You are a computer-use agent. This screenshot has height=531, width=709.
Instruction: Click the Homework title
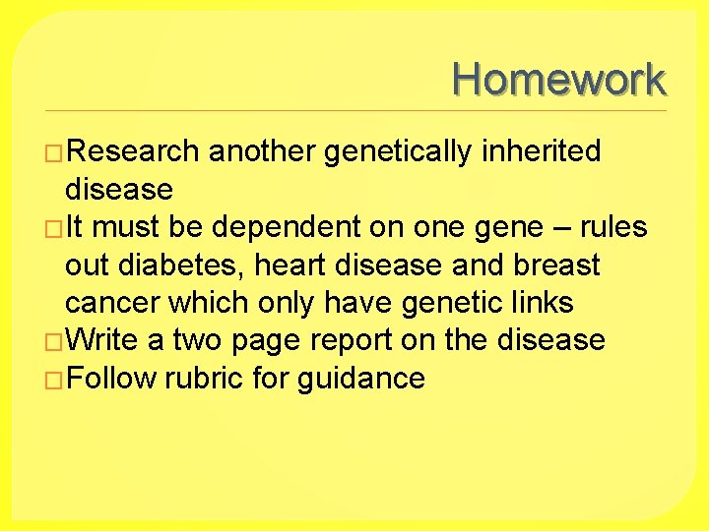pos(559,79)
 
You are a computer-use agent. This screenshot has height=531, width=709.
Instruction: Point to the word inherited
pos(541,151)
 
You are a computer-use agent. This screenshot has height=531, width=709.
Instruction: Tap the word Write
pos(104,340)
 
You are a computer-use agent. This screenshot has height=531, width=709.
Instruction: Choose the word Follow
pos(111,379)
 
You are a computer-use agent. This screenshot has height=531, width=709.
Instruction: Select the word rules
pos(614,227)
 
